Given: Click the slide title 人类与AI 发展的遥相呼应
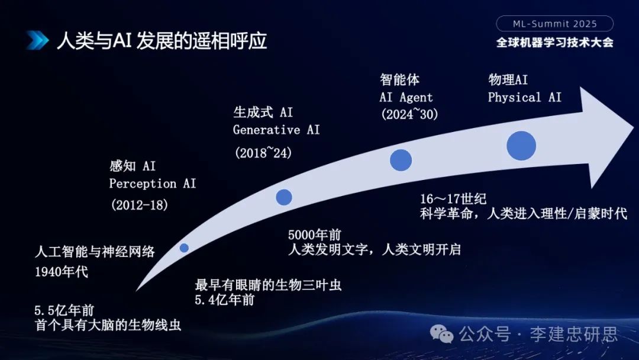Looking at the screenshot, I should [x=162, y=41].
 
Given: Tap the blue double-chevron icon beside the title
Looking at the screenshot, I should [x=37, y=41].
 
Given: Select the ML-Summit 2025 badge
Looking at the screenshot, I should [x=554, y=24].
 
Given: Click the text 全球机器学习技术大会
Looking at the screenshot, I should [x=554, y=43].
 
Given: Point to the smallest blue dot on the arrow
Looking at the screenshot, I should [x=184, y=247].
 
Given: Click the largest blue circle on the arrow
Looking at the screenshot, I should [x=521, y=145].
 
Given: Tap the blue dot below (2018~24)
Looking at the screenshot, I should [x=284, y=197].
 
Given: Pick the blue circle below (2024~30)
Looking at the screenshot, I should [x=401, y=160].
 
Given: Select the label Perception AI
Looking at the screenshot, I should [x=152, y=184].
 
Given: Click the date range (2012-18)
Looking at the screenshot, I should [x=140, y=205].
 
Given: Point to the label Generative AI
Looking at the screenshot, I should [x=276, y=130].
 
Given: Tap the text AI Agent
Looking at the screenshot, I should [x=406, y=97].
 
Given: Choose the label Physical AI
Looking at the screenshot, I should [x=524, y=97].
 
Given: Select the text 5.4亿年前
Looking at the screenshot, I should [x=225, y=300].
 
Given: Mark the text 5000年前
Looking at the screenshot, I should [x=314, y=234].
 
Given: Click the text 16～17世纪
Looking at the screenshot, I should [x=453, y=198].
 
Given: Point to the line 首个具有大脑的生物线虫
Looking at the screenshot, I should [x=108, y=325].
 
